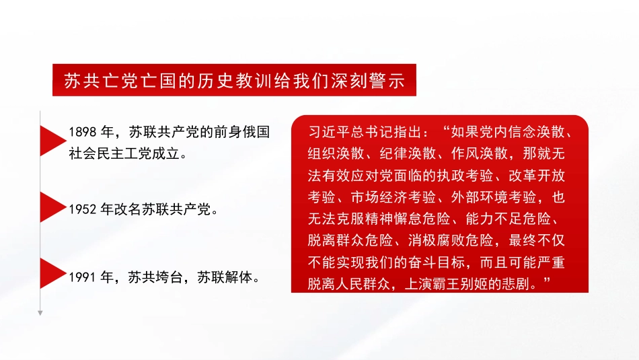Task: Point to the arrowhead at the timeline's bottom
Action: click(x=40, y=312)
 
